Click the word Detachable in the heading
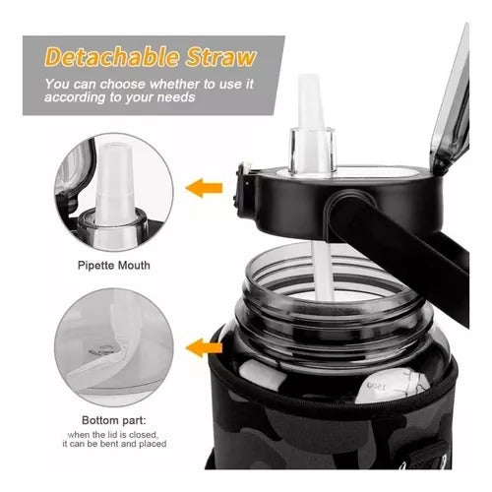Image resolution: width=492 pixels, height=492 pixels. pos(112,58)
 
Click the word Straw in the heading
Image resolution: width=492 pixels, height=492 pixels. pos(220,58)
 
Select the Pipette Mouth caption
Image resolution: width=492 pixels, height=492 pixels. pos(114,265)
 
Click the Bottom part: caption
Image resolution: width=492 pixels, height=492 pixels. pos(114,420)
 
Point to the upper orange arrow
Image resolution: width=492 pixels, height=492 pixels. pos(204,188)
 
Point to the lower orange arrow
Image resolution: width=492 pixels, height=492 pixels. pos(204,348)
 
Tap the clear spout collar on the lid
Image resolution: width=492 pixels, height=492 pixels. pos(312,151)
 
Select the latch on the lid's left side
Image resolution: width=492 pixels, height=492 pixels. pos(242,190)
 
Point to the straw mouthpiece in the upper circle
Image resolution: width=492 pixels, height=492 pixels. pos(114,184)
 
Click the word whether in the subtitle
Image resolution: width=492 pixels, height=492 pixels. pos(175,85)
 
